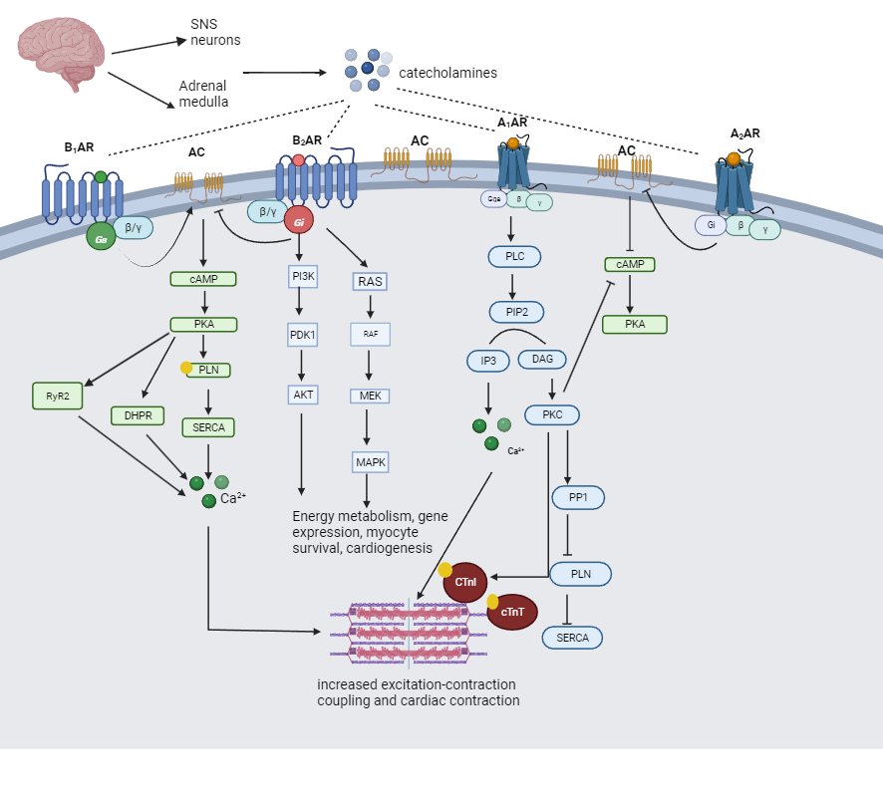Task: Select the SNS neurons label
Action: [x=215, y=32]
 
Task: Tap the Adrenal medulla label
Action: [x=203, y=94]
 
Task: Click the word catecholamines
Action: [x=447, y=73]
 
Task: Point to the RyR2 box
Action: [x=57, y=396]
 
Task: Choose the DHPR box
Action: [x=138, y=415]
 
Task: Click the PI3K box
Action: [x=303, y=276]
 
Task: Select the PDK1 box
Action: [x=302, y=335]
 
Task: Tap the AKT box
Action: [x=303, y=394]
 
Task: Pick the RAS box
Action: [x=370, y=282]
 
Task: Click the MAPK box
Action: [x=370, y=462]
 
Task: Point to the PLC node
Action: [x=514, y=256]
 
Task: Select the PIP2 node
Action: [x=516, y=312]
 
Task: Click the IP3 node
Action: [x=488, y=361]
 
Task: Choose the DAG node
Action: [x=542, y=359]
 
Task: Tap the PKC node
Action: [x=552, y=414]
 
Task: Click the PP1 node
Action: [x=578, y=496]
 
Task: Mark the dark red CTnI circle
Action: [x=465, y=582]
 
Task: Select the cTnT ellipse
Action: [x=512, y=612]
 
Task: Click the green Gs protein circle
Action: [x=101, y=236]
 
